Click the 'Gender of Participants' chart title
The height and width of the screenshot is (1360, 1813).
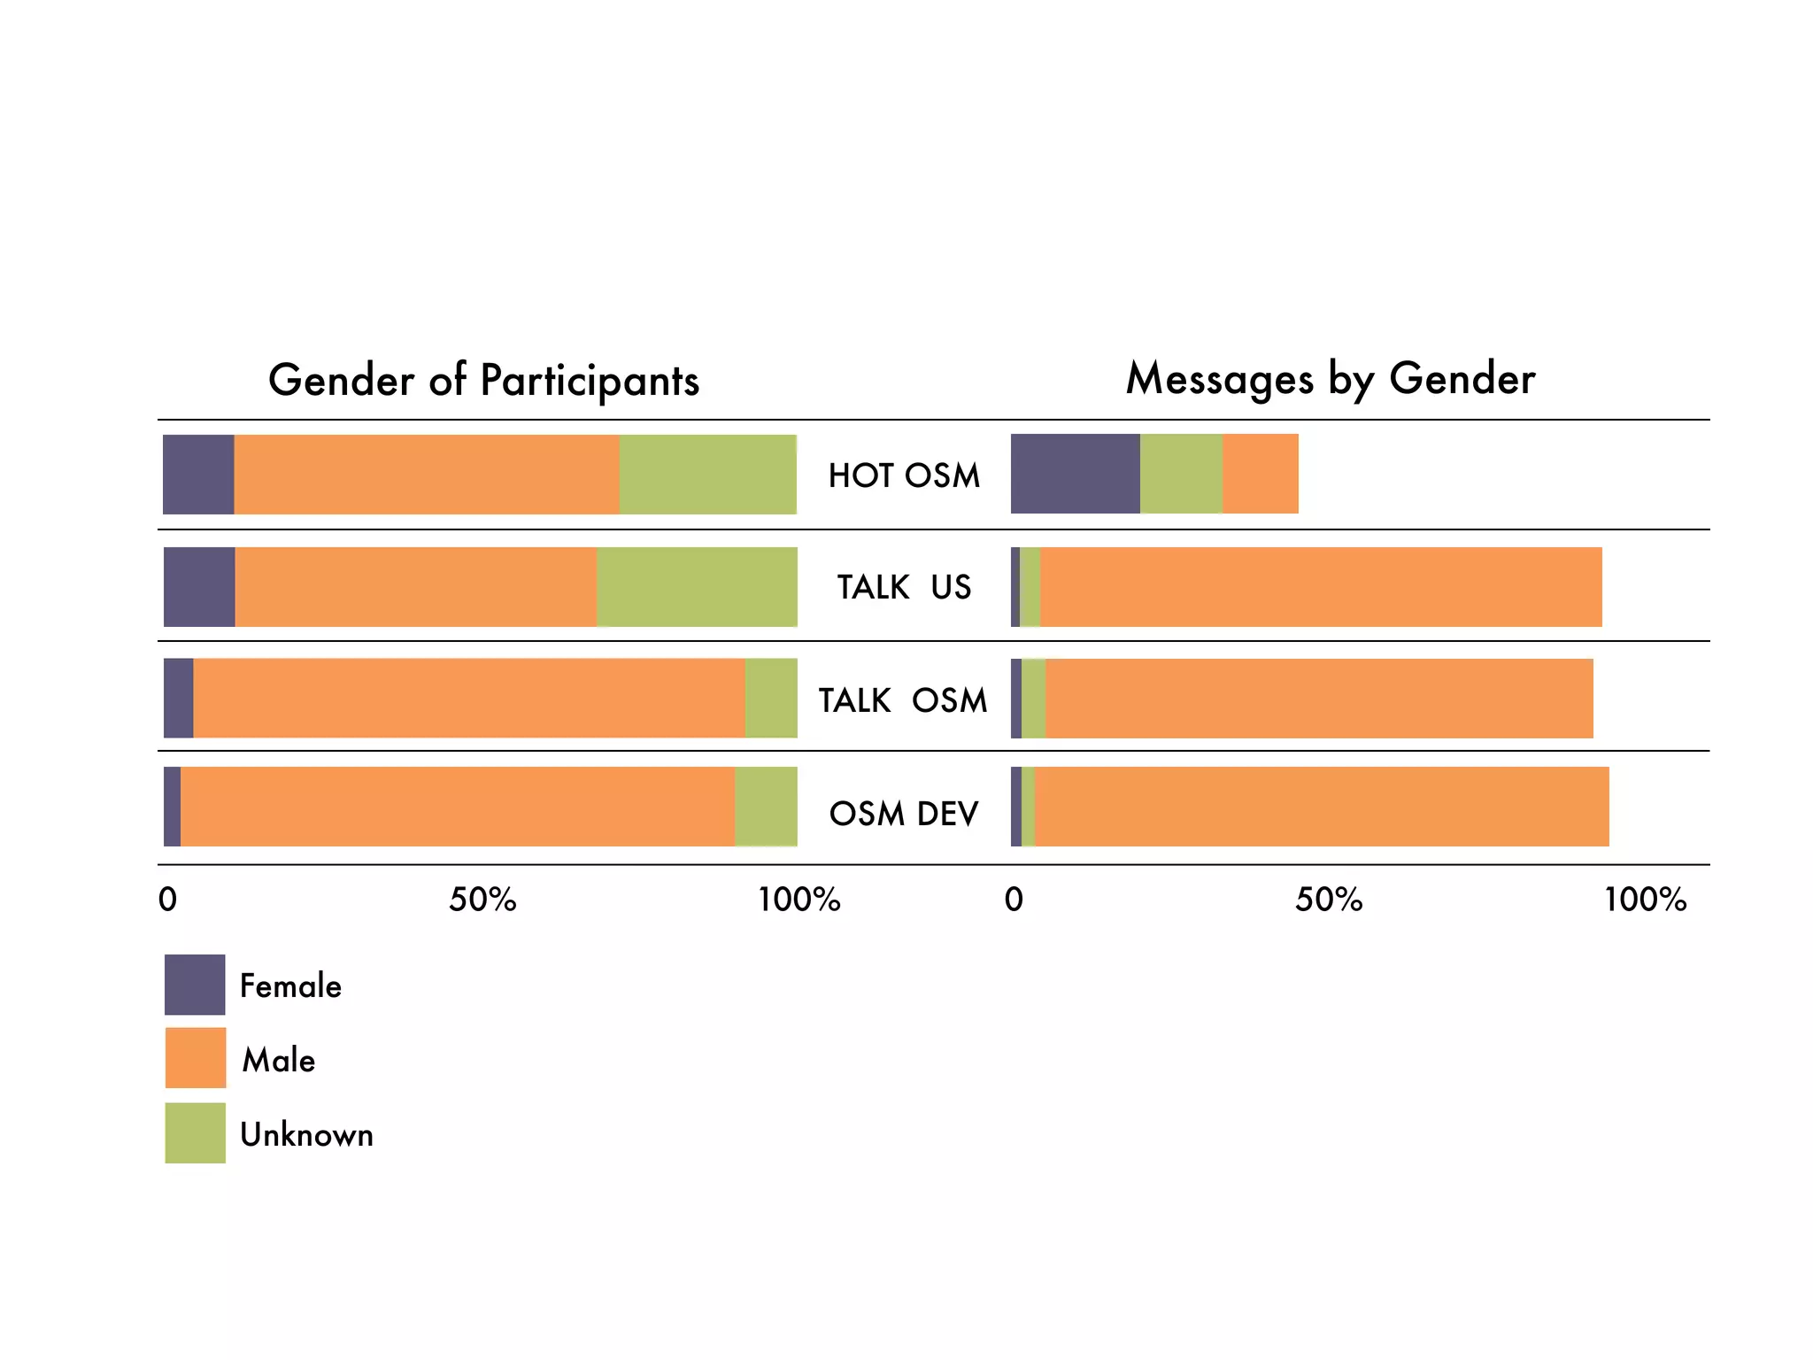tap(483, 381)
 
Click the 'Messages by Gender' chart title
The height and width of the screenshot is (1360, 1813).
tap(1330, 379)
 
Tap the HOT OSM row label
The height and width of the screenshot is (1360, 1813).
tap(904, 475)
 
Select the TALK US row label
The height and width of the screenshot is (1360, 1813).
tap(904, 587)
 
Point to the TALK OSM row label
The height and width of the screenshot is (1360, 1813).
tap(902, 700)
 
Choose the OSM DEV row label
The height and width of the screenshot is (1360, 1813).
tap(904, 813)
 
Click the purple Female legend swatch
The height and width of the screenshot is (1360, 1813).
tap(195, 985)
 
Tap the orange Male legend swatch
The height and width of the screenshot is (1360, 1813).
tap(196, 1058)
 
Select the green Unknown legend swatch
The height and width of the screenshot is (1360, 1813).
tap(196, 1132)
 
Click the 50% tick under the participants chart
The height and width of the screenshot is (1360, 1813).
tap(482, 900)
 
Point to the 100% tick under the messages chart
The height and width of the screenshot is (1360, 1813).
tap(1645, 900)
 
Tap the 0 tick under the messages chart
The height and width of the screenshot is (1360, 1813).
tap(1015, 900)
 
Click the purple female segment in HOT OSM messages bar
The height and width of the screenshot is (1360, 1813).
tap(1075, 474)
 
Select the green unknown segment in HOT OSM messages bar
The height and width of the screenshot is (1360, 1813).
tap(1181, 474)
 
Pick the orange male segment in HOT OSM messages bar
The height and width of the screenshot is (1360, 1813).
tap(1261, 474)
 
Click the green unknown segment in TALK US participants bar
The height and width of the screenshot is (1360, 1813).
tap(697, 587)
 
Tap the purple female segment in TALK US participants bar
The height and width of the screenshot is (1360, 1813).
tap(199, 587)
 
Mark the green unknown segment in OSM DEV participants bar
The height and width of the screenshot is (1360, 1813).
tap(766, 807)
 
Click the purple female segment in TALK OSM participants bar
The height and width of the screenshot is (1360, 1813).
tap(178, 698)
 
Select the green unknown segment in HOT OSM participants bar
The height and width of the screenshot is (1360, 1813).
tap(707, 475)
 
